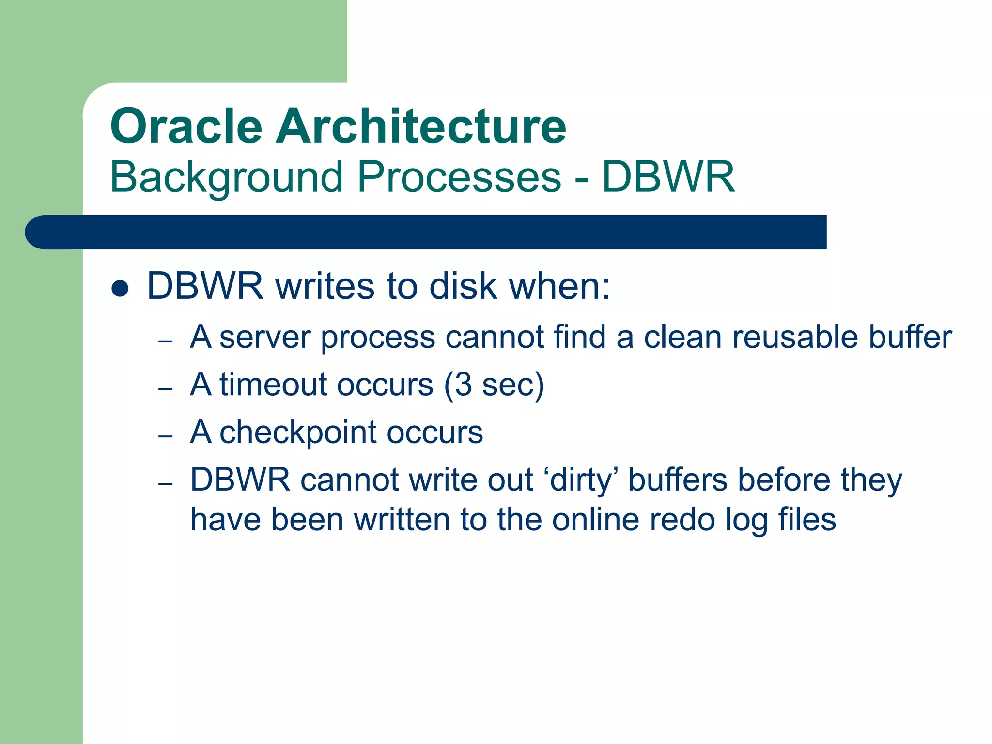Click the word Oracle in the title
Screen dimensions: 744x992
[186, 127]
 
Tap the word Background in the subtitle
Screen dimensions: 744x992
[226, 177]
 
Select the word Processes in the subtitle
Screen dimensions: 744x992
[459, 177]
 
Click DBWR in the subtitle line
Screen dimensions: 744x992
[668, 177]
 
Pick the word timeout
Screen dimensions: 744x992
[273, 385]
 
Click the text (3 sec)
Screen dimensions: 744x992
[494, 385]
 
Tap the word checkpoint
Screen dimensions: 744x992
[297, 433]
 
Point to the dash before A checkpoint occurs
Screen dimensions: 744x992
[166, 436]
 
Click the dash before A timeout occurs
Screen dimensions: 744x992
[166, 389]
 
